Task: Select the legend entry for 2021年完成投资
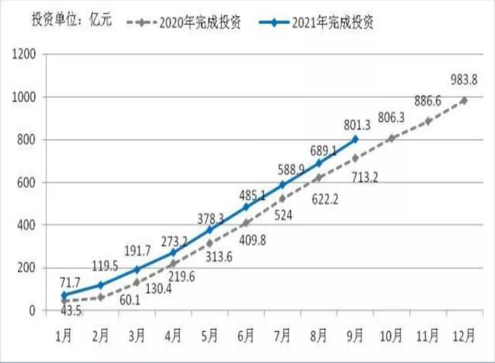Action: point(316,23)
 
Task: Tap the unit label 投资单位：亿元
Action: point(71,21)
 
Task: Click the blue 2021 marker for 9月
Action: point(355,139)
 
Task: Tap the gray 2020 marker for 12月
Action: point(464,100)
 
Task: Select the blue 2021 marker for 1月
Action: point(64,295)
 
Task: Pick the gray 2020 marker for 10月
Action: point(391,138)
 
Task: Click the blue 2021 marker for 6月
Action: point(246,207)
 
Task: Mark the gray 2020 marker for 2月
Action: point(101,297)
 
